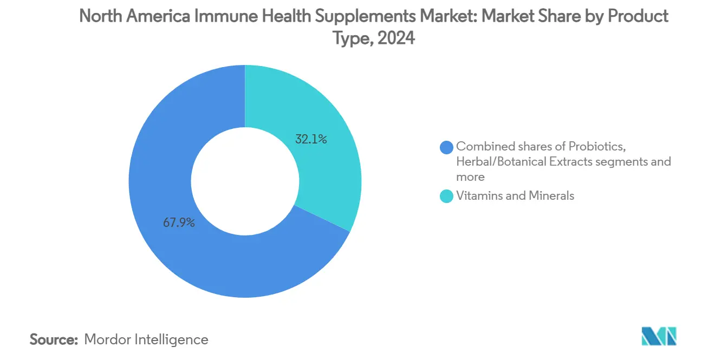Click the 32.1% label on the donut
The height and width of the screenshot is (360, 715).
[310, 140]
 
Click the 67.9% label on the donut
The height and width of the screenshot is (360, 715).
[179, 222]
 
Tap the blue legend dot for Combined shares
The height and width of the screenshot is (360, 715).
[447, 147]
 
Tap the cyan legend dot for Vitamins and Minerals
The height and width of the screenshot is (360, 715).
[447, 196]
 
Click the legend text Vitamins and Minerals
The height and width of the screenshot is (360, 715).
[515, 196]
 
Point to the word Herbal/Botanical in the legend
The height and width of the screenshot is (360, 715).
[499, 161]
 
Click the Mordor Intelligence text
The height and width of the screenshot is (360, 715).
[146, 339]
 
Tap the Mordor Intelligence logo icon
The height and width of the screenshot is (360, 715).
[659, 336]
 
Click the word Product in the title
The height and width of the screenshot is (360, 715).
[638, 16]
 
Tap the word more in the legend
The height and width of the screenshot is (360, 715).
[471, 176]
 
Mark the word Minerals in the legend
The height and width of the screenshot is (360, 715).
[551, 196]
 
